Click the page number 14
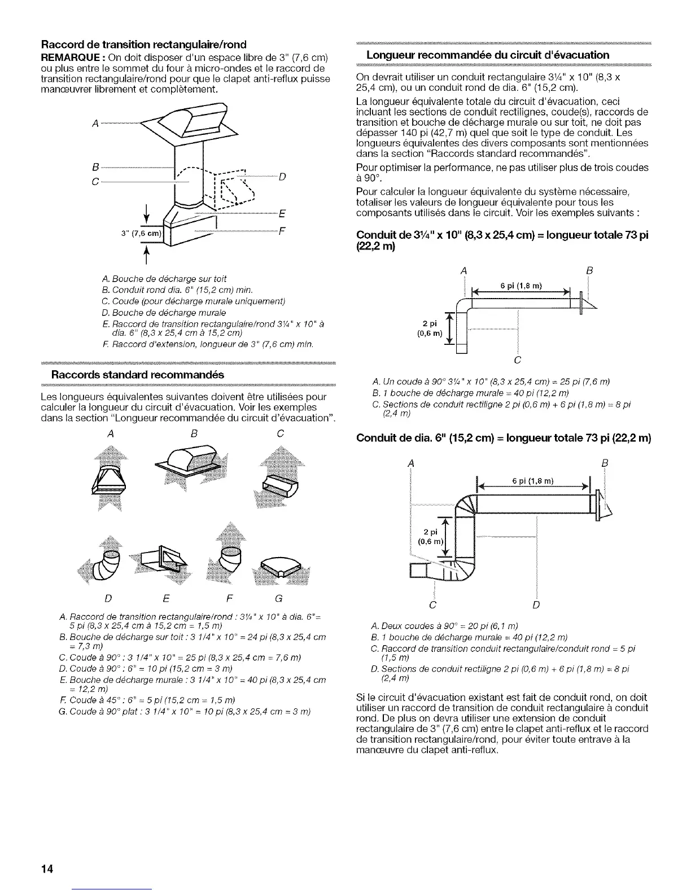pos(46,869)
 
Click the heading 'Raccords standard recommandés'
pos(138,375)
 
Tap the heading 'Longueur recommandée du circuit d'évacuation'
pos(488,55)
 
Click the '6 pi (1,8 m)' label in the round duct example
pos(532,481)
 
